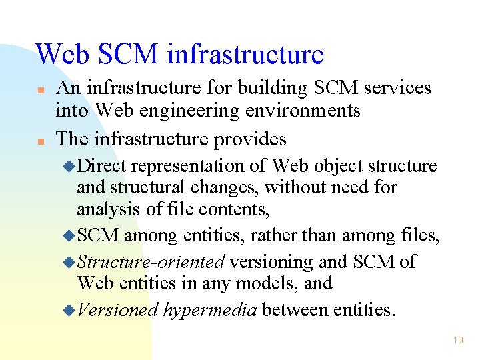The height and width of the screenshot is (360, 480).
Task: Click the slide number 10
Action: (457, 340)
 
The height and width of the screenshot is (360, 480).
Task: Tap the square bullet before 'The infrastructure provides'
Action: (41, 141)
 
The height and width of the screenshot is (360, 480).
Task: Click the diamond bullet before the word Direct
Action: (72, 166)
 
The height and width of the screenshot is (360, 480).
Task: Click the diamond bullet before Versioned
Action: (72, 310)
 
